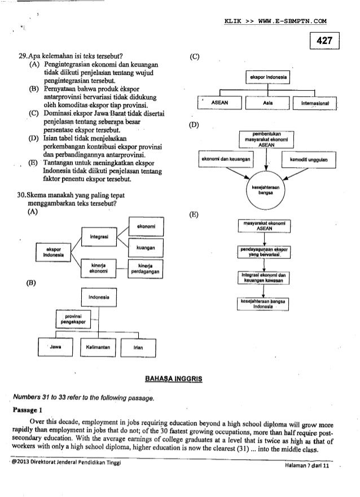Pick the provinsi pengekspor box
click(71, 320)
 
